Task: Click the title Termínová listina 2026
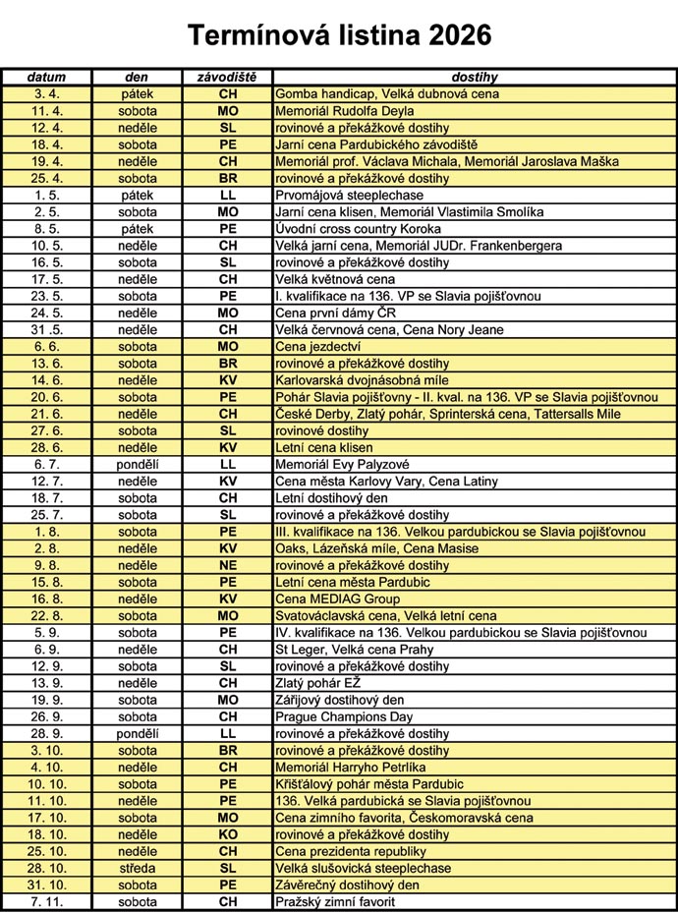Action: tap(339, 36)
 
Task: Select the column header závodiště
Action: tap(227, 77)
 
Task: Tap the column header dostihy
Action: tap(475, 77)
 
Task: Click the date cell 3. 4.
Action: tap(46, 93)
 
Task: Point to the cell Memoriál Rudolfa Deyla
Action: tap(344, 110)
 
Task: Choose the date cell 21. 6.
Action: tap(46, 414)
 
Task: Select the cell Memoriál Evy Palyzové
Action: tap(343, 464)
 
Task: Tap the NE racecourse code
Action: tap(227, 565)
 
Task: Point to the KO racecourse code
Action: tap(227, 834)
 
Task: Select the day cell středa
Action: tap(138, 868)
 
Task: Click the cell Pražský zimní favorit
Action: tap(335, 901)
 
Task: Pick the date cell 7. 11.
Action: tap(46, 901)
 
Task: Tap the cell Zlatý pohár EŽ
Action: tap(319, 683)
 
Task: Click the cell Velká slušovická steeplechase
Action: tap(364, 868)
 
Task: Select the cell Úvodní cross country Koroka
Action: tap(360, 228)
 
